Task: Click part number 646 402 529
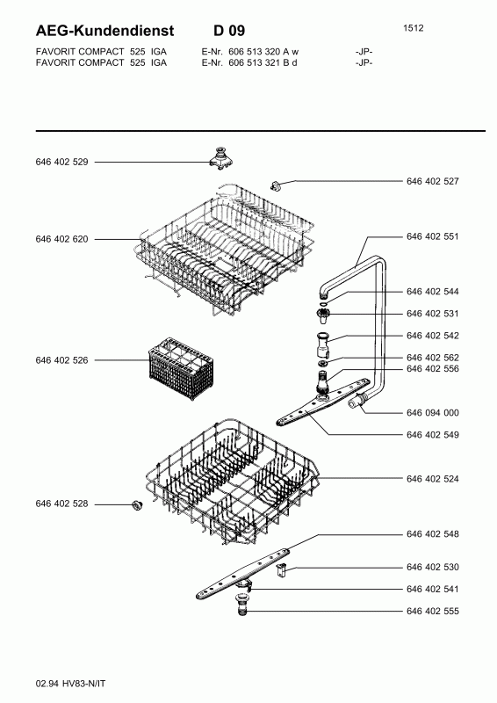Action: click(x=61, y=162)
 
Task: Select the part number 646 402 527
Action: click(x=433, y=181)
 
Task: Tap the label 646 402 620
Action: click(x=61, y=239)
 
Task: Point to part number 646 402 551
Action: click(x=433, y=236)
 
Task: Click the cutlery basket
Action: click(x=180, y=368)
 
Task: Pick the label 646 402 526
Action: click(x=61, y=360)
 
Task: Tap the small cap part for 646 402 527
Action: click(x=276, y=185)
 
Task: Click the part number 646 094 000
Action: click(x=433, y=412)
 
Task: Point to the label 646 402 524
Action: click(x=433, y=479)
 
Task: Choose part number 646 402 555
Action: click(x=433, y=611)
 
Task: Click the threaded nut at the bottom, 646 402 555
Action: click(x=241, y=605)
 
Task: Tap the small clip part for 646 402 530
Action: click(x=282, y=570)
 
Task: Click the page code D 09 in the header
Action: click(x=229, y=31)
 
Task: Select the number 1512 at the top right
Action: click(x=414, y=28)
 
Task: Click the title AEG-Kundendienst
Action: click(x=104, y=31)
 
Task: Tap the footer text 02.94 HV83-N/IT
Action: click(x=71, y=684)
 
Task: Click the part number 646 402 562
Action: click(x=433, y=358)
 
